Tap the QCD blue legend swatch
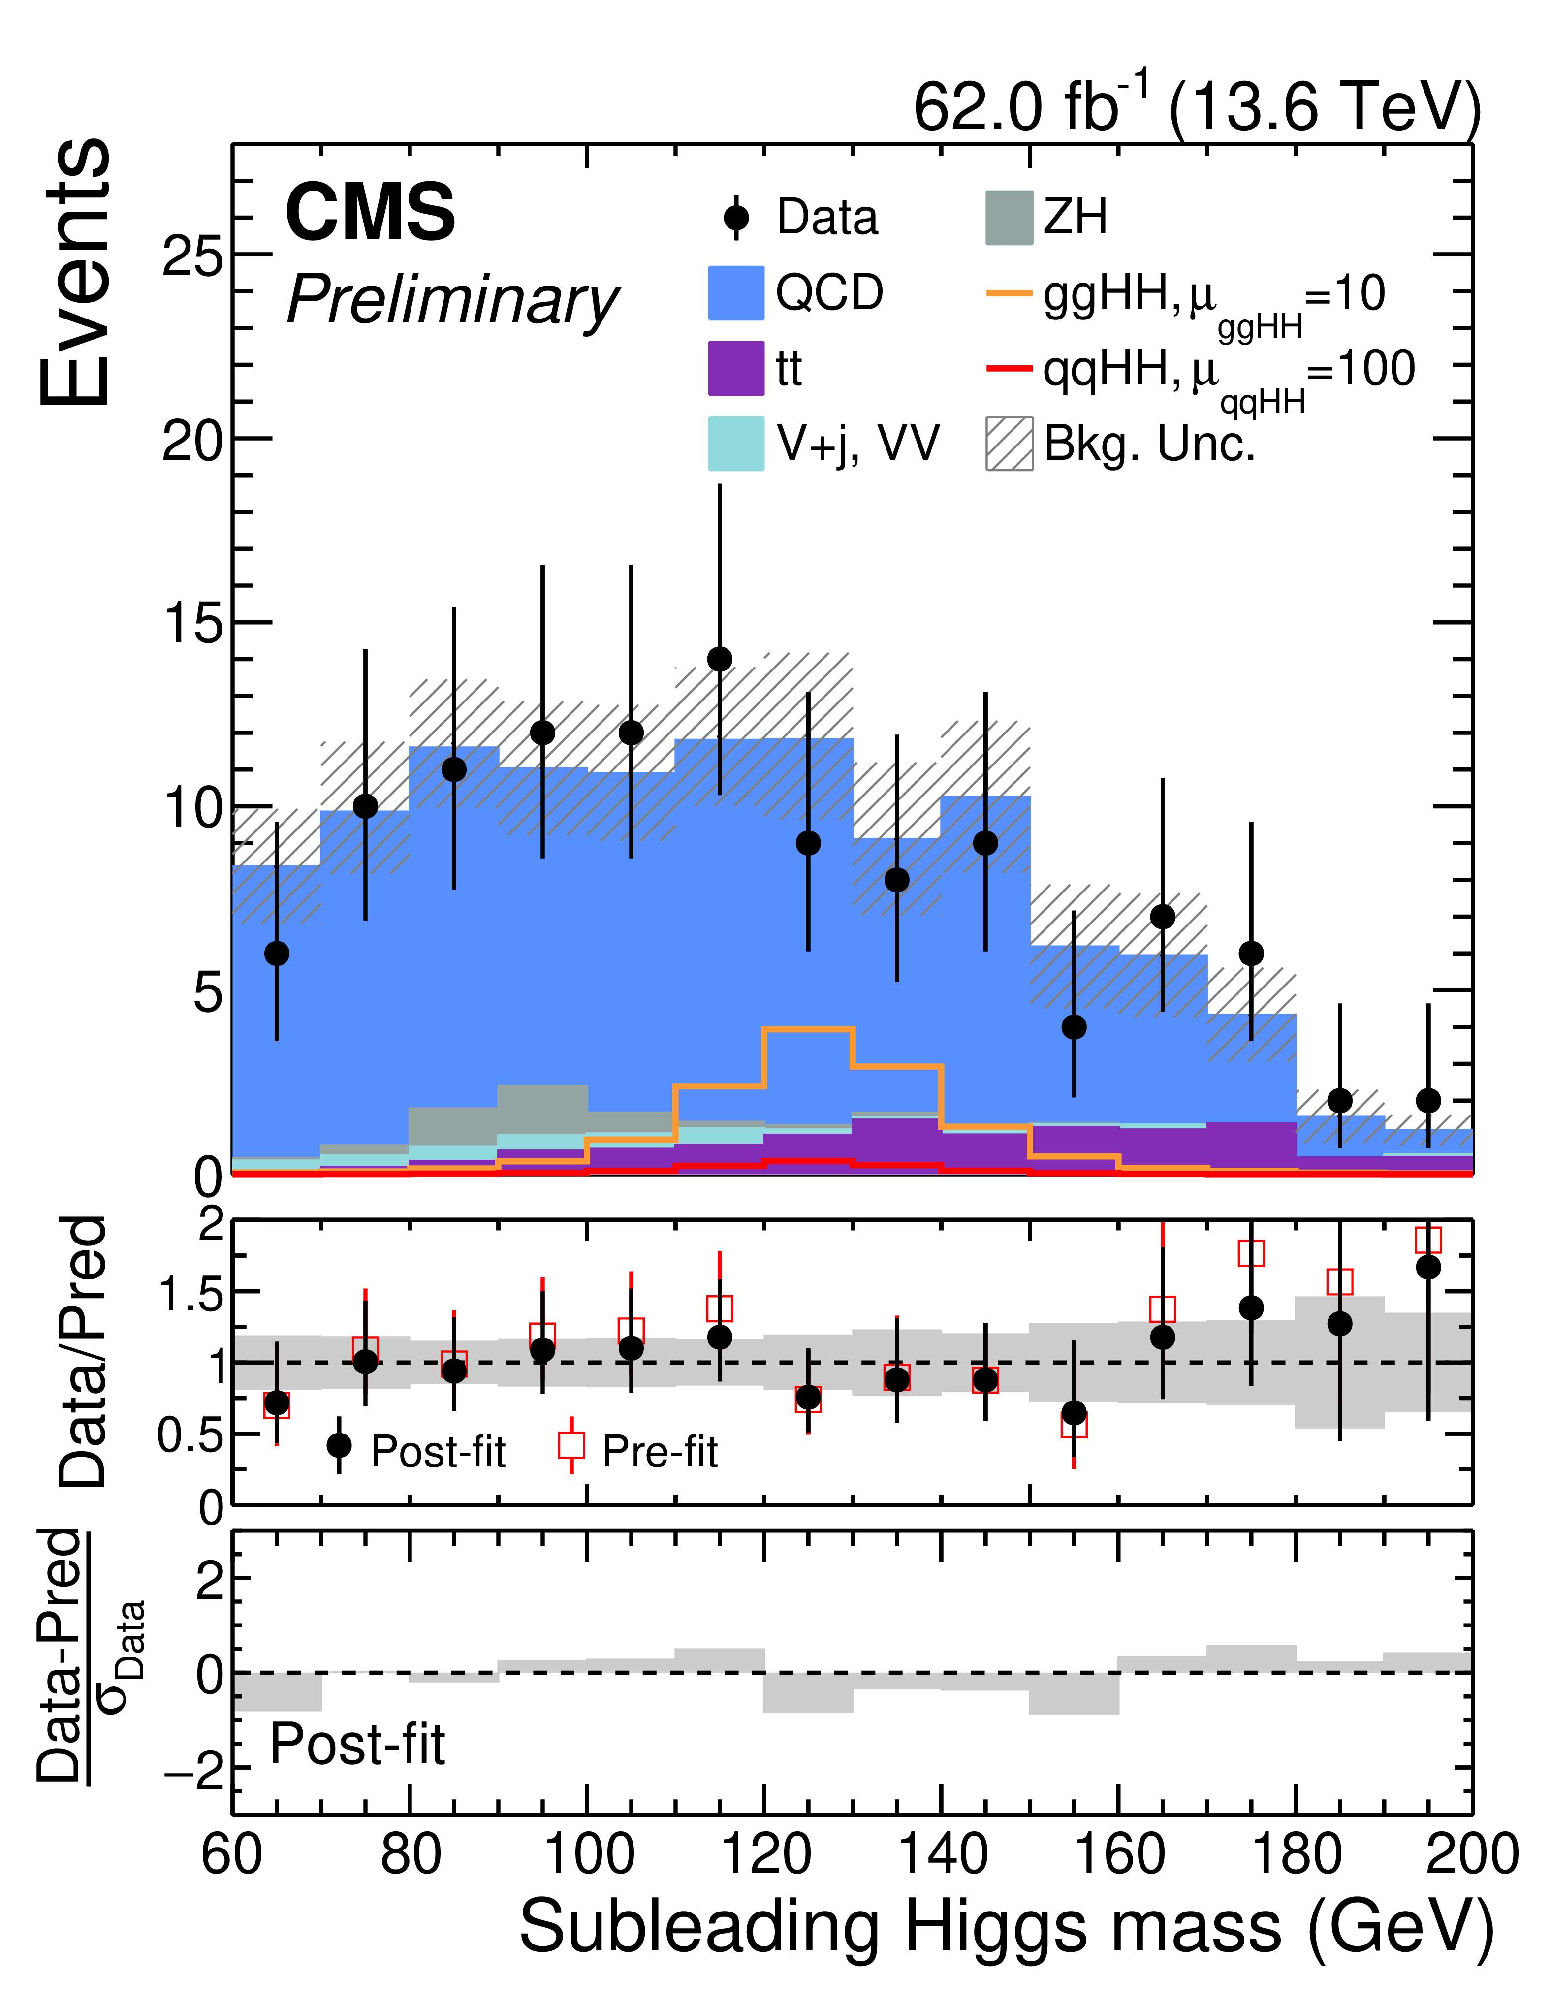click(735, 293)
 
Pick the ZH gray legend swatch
click(1009, 218)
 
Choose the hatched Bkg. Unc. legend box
click(1009, 444)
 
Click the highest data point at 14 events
click(720, 659)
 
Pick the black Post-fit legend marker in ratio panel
click(339, 1445)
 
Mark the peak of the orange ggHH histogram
click(808, 1029)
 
